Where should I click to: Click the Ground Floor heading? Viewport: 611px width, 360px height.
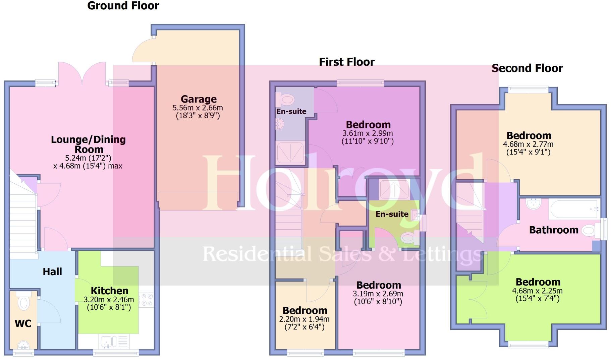pos(123,6)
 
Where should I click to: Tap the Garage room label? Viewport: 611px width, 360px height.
pos(199,99)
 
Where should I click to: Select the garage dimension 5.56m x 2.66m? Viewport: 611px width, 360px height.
pos(198,108)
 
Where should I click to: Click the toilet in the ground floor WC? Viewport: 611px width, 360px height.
pos(23,303)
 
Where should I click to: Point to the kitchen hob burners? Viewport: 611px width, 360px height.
pos(146,300)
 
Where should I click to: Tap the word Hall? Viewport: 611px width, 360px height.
pos(52,272)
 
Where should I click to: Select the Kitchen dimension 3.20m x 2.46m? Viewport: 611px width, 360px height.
pos(109,300)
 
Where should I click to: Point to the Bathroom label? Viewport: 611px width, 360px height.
pos(554,230)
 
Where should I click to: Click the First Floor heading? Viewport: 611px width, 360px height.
pos(347,62)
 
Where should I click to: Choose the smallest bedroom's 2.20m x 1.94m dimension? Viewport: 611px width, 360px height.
pos(304,319)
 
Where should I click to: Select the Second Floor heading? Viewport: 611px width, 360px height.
pos(527,68)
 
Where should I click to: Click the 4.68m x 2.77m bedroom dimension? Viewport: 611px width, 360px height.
pos(528,144)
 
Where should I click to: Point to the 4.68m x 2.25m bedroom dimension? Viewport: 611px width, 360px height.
pos(537,291)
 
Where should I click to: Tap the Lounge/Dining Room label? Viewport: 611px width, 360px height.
pos(89,144)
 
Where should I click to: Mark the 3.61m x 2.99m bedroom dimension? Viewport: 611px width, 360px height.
pos(368,133)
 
